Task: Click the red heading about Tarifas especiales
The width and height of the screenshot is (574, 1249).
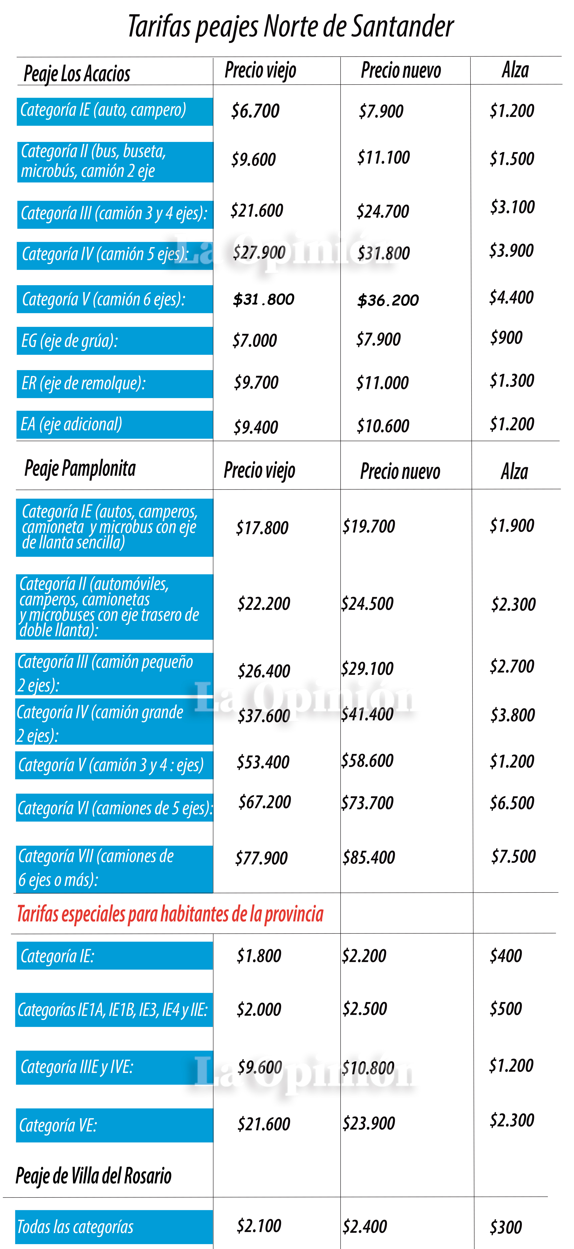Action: pos(170,914)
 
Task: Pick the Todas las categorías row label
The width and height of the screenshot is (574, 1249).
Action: pos(75,1227)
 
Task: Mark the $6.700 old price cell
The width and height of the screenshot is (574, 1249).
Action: pos(256,111)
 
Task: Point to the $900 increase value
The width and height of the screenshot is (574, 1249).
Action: pos(506,337)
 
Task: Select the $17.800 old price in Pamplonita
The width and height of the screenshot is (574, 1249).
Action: pos(262,527)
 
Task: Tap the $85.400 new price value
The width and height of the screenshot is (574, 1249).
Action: pos(369,857)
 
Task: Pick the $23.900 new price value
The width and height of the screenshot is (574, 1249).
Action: pos(369,1123)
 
